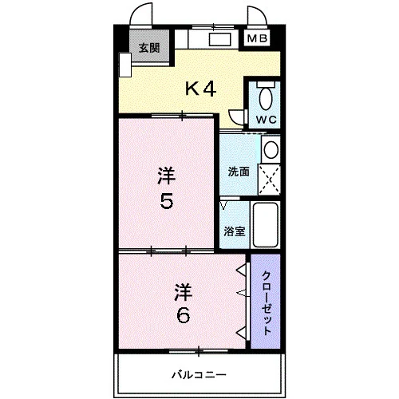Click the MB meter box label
pos(257,38)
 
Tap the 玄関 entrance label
pos(149,48)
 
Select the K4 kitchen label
pos(200,89)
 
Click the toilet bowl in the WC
pos(266,98)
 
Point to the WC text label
pos(267,120)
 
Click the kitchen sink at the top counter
pos(219,39)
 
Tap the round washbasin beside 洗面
pos(271,149)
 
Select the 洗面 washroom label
pos(239,172)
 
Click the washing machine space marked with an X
pos(269,180)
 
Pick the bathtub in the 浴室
pos(265,225)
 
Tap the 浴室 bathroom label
pos(234,231)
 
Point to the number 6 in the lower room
pos(184,315)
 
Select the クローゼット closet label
pos(267,302)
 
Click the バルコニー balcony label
pos(199,375)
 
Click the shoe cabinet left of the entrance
pos(125,65)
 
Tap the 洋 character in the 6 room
pos(184,292)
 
